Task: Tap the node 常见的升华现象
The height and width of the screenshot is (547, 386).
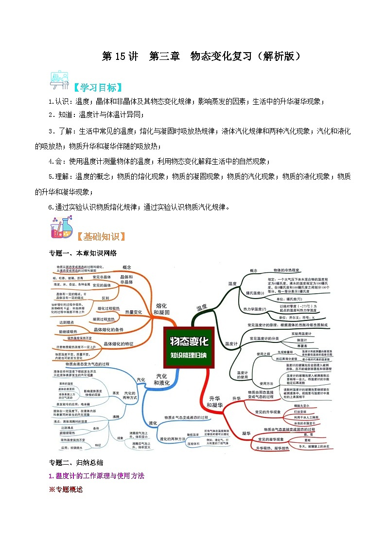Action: point(268,412)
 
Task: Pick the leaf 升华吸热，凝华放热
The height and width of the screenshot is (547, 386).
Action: point(272,448)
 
